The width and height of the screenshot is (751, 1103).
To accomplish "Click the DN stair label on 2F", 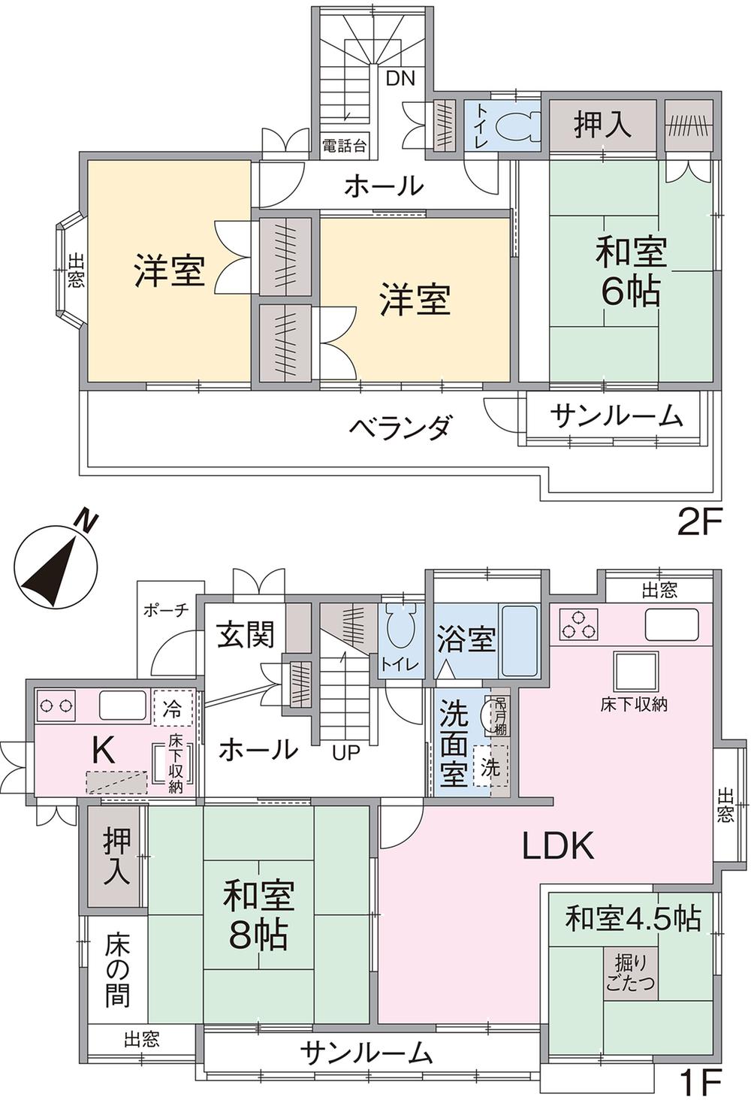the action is click(400, 78).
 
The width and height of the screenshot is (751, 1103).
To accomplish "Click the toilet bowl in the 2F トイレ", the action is click(517, 124).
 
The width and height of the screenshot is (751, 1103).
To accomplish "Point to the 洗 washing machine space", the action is click(490, 766).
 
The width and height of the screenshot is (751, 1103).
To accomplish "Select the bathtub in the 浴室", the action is click(520, 641).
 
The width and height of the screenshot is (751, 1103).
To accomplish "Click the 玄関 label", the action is click(246, 635).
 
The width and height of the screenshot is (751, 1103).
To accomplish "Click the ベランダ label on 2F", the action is click(400, 427).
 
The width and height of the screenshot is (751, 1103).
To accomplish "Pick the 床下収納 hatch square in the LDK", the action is click(635, 671).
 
